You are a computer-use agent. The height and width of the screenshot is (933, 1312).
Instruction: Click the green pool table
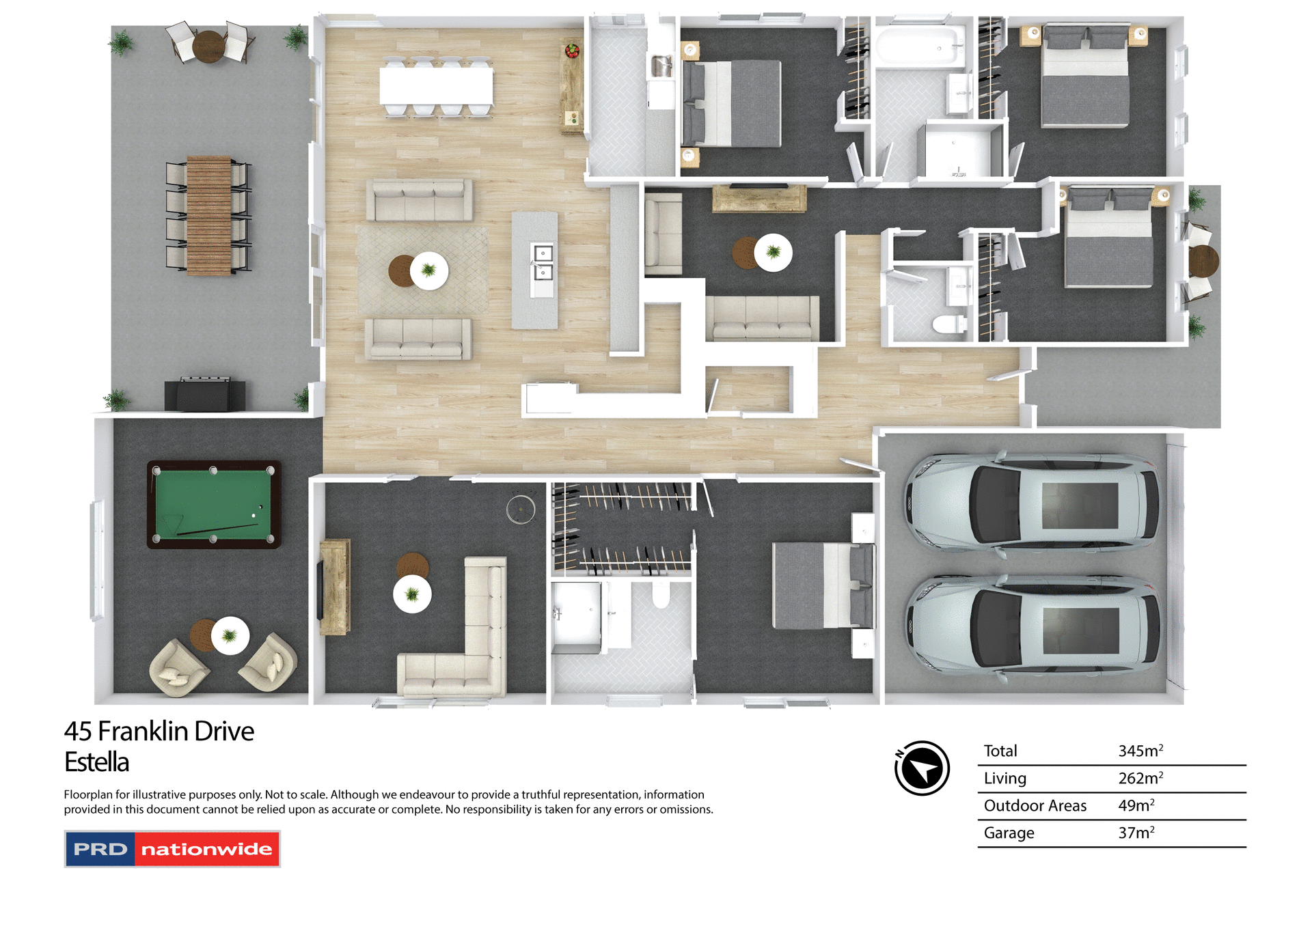(x=213, y=504)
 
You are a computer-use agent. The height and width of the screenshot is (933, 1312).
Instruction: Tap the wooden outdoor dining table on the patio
(x=208, y=215)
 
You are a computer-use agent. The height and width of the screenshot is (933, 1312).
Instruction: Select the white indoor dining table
(x=436, y=86)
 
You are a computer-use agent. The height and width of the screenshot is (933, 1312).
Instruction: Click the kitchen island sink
(x=543, y=263)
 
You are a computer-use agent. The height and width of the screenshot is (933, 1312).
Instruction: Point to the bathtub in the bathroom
(x=919, y=46)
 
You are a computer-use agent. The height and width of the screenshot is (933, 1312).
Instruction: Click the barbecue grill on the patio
(x=204, y=394)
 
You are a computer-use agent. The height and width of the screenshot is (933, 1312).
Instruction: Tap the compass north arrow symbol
(x=922, y=768)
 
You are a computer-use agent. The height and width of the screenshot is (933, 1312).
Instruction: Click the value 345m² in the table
(x=1140, y=751)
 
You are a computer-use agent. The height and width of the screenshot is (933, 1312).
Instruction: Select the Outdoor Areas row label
(x=1035, y=805)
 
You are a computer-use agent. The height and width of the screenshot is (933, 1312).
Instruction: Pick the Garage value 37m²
(x=1136, y=833)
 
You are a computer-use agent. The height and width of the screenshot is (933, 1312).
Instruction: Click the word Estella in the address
(x=96, y=762)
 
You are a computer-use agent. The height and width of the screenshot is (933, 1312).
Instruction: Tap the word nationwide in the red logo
(x=206, y=849)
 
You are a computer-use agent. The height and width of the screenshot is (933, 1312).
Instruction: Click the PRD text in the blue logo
(x=100, y=849)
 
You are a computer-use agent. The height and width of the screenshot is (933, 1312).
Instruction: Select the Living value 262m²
(x=1140, y=778)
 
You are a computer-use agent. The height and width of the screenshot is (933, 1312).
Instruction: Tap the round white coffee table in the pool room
(x=230, y=635)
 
